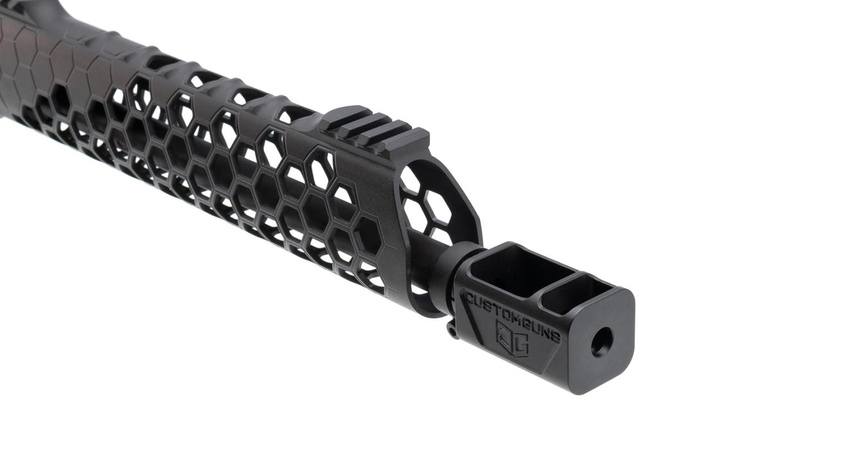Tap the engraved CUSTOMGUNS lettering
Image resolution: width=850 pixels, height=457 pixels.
point(512,317)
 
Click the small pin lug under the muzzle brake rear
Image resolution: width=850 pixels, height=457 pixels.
point(452,330)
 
